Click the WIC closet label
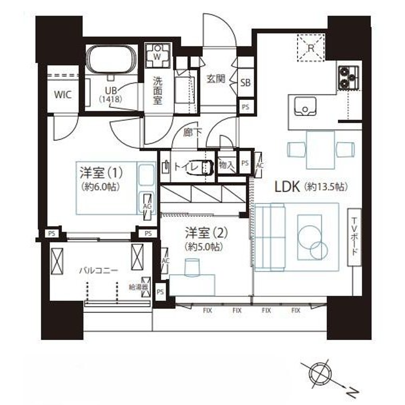point(63,94)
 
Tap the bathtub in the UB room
point(111,60)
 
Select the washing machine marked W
point(158,56)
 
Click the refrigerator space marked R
point(311,47)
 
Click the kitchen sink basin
point(305,106)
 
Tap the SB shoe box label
point(245,83)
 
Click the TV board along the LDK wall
point(354,237)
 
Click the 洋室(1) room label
point(101,173)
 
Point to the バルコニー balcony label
point(99,271)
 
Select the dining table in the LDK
point(320,150)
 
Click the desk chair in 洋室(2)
point(192,266)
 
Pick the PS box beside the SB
point(245,107)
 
